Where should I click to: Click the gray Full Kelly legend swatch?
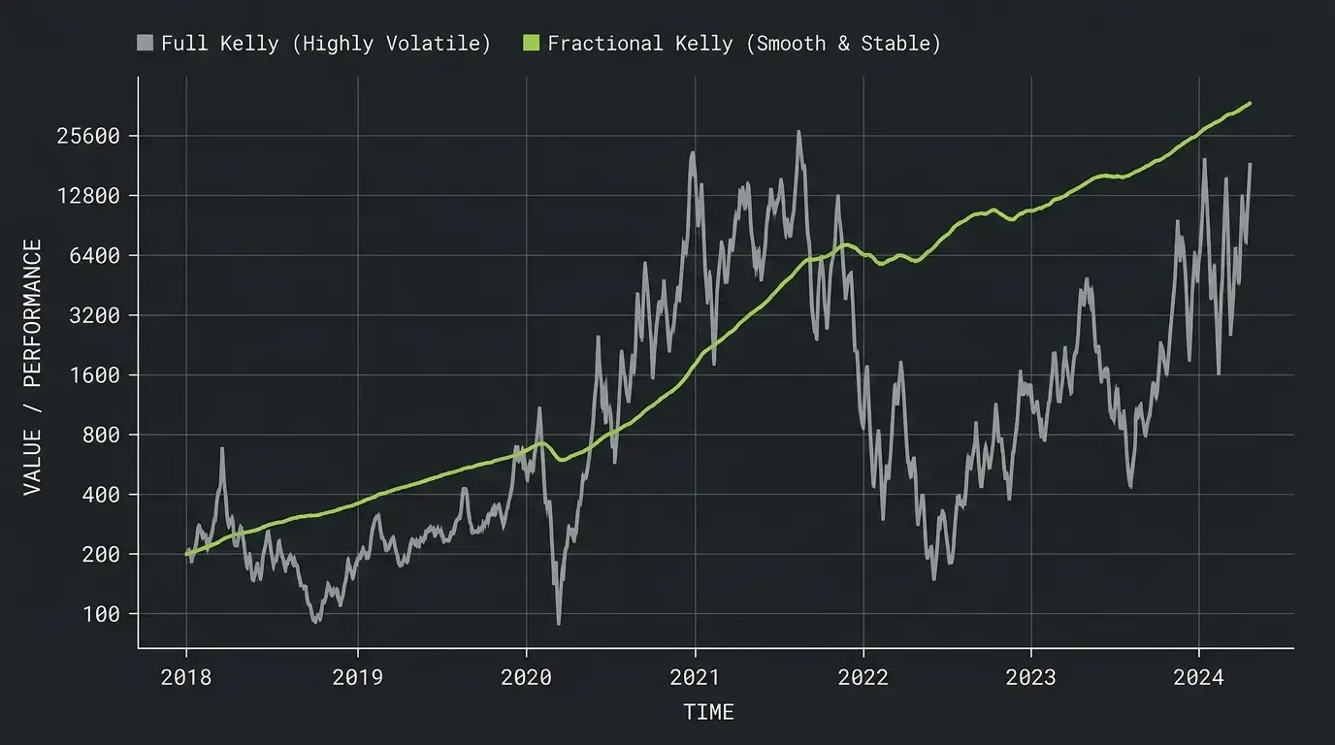(x=145, y=43)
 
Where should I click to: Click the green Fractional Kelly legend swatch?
(x=531, y=43)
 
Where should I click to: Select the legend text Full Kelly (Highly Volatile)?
(x=326, y=44)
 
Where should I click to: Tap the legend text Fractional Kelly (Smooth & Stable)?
(x=744, y=44)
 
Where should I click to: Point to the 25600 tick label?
(x=88, y=137)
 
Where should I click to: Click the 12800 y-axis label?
(x=88, y=196)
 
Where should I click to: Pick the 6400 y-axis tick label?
(x=94, y=256)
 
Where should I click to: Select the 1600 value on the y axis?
(x=94, y=375)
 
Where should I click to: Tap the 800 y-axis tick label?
(x=101, y=436)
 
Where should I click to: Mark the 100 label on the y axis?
(x=101, y=614)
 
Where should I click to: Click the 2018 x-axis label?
(x=186, y=678)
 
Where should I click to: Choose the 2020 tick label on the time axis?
(x=526, y=678)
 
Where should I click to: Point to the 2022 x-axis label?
(x=863, y=678)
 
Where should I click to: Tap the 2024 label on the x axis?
(x=1198, y=678)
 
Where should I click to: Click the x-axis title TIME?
(x=708, y=712)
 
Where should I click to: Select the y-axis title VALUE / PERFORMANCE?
(x=33, y=367)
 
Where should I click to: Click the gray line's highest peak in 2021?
(x=798, y=132)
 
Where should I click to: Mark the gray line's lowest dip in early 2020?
(x=559, y=624)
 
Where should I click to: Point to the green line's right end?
(x=1250, y=104)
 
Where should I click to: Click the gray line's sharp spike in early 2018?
(x=222, y=449)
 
